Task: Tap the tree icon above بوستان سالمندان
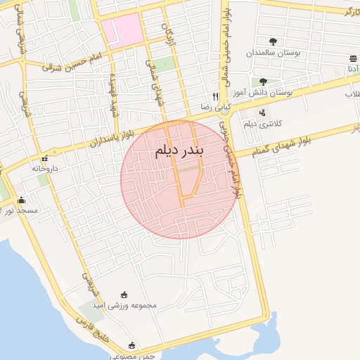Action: point(273,41)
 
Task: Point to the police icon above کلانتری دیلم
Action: point(262,112)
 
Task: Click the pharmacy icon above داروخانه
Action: point(47,157)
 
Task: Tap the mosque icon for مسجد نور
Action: point(21,200)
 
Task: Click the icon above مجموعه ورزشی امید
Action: point(124,295)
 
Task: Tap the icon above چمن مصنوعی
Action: point(132,345)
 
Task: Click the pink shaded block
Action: point(120,32)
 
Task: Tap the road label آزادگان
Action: point(169,31)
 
